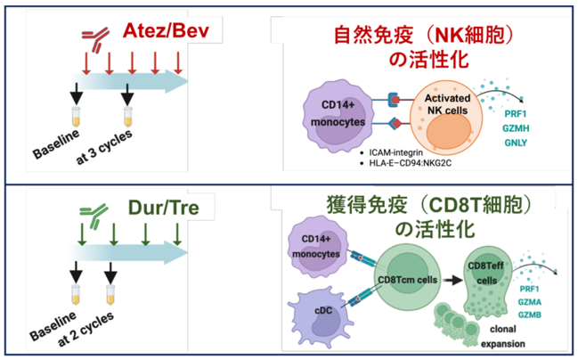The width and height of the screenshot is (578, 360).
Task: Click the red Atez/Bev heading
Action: tap(166, 31)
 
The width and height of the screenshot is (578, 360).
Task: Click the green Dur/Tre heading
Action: tap(164, 208)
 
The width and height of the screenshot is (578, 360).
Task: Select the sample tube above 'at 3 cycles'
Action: tap(128, 117)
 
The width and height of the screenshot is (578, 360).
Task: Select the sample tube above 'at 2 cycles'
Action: tap(110, 295)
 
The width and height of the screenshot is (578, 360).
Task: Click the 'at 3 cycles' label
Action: tap(104, 147)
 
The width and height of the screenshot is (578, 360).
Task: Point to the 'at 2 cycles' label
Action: tap(85, 328)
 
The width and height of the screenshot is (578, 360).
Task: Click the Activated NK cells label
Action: tap(447, 104)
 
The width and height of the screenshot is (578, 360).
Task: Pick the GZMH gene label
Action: tap(516, 128)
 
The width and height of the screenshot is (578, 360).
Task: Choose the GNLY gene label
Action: tap(516, 143)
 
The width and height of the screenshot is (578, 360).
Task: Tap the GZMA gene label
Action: tap(529, 302)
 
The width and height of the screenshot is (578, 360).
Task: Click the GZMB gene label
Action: tap(529, 315)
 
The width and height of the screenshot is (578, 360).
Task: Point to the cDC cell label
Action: tap(323, 311)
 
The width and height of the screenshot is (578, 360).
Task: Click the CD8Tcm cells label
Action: tap(408, 280)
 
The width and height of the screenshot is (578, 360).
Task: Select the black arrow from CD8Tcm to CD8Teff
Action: tap(452, 281)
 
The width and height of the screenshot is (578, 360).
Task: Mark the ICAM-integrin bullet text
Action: tap(396, 152)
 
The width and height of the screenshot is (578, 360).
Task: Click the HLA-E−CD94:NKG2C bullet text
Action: tap(410, 163)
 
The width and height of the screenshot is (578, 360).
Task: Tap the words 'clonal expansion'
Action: tap(503, 337)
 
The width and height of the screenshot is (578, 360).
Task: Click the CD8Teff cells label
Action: tap(486, 273)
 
